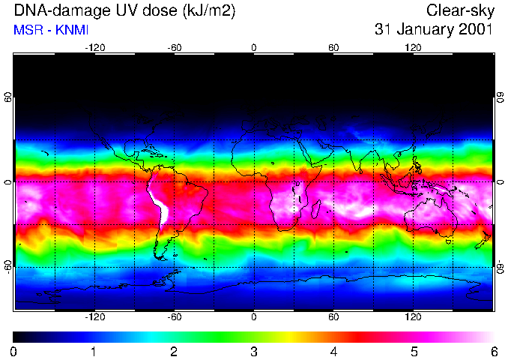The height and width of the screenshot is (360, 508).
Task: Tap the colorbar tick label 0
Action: tap(13, 351)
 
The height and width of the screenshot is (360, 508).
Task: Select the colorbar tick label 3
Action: tap(254, 351)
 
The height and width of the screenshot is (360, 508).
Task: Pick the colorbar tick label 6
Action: tap(494, 351)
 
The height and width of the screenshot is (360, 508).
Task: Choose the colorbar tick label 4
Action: tap(334, 351)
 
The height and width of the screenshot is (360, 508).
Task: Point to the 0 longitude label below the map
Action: tap(254, 317)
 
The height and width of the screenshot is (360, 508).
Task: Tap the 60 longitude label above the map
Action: tap(333, 47)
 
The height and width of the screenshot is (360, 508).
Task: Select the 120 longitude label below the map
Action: tap(413, 317)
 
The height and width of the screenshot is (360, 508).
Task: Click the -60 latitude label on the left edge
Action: tap(7, 267)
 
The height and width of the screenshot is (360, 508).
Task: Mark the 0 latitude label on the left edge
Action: tap(7, 182)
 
